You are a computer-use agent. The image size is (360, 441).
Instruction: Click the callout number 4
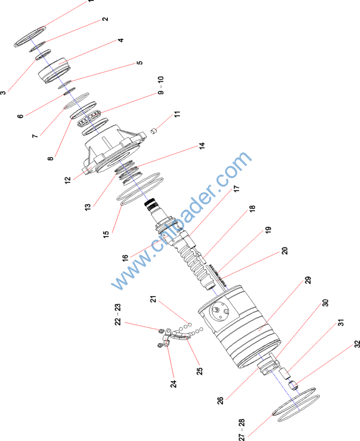(x=121, y=40)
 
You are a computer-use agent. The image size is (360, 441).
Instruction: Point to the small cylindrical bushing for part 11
(x=153, y=130)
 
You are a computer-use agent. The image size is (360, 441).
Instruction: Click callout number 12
(x=68, y=180)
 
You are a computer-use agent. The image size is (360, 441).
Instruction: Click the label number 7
(x=35, y=135)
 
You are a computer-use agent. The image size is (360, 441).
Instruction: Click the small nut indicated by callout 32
(x=294, y=384)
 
